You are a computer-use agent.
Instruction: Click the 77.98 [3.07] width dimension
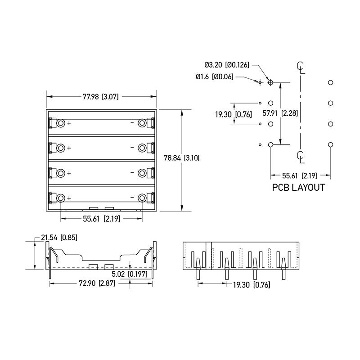click(x=101, y=96)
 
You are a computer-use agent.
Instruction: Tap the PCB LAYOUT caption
click(x=298, y=188)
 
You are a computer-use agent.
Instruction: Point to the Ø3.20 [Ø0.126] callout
click(x=227, y=66)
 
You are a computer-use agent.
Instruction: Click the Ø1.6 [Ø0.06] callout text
click(x=215, y=77)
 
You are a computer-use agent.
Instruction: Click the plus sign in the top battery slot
click(x=69, y=123)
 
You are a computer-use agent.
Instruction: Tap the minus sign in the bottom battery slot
click(x=132, y=198)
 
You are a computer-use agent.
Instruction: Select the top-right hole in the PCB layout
click(x=330, y=82)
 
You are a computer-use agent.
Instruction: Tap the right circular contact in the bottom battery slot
click(x=142, y=198)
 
